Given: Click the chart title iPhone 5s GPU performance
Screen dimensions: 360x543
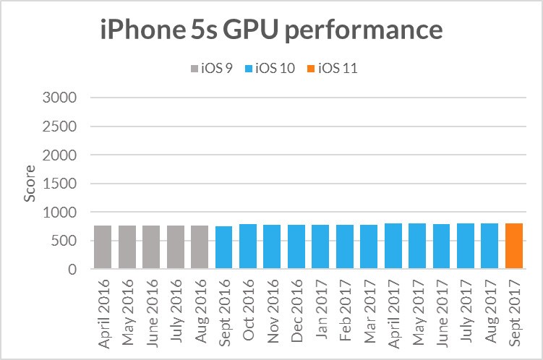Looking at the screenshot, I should [271, 30].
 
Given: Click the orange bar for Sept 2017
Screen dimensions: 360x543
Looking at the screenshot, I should [514, 247].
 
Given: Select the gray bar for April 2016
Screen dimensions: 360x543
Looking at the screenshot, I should [103, 247].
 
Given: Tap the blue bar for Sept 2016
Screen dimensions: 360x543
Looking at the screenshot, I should [224, 248].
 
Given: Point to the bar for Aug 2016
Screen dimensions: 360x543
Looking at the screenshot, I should [200, 247].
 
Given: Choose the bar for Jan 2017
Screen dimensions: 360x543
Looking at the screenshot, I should [320, 247].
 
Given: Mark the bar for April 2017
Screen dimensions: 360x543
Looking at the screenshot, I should [393, 247].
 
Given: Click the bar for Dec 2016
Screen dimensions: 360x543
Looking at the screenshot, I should [296, 247].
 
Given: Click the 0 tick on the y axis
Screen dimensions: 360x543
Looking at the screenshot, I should [73, 270].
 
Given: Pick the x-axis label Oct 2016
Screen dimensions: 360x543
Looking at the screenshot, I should [249, 305].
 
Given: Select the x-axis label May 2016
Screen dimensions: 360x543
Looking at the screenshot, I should [127, 304].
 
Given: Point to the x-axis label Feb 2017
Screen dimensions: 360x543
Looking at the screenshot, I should [346, 305].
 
